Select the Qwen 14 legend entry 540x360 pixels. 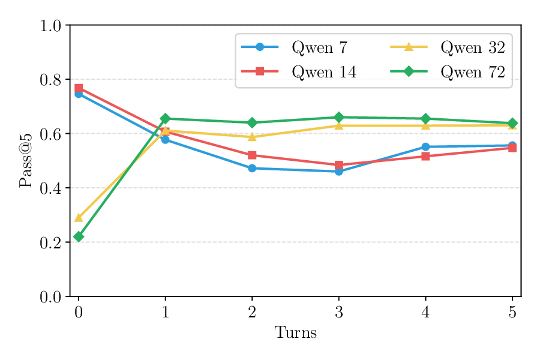[324, 72]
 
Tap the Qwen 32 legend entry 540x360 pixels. [472, 47]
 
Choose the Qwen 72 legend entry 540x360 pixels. [472, 72]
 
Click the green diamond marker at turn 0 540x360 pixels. [79, 237]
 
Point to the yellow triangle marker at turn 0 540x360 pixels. [79, 218]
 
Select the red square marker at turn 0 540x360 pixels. [79, 88]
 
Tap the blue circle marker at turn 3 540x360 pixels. [339, 172]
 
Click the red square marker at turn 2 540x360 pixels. [252, 155]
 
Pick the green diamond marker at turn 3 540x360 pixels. [339, 117]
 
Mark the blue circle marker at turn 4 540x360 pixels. [425, 146]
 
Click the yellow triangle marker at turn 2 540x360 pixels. [252, 137]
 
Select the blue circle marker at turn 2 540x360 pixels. [252, 168]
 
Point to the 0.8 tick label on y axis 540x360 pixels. [50, 80]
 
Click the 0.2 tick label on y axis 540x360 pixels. [50, 242]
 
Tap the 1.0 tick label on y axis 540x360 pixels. [50, 26]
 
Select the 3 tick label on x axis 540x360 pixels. [339, 312]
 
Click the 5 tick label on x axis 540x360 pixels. [512, 312]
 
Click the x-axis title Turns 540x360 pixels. [295, 333]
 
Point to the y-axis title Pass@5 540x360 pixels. [25, 161]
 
